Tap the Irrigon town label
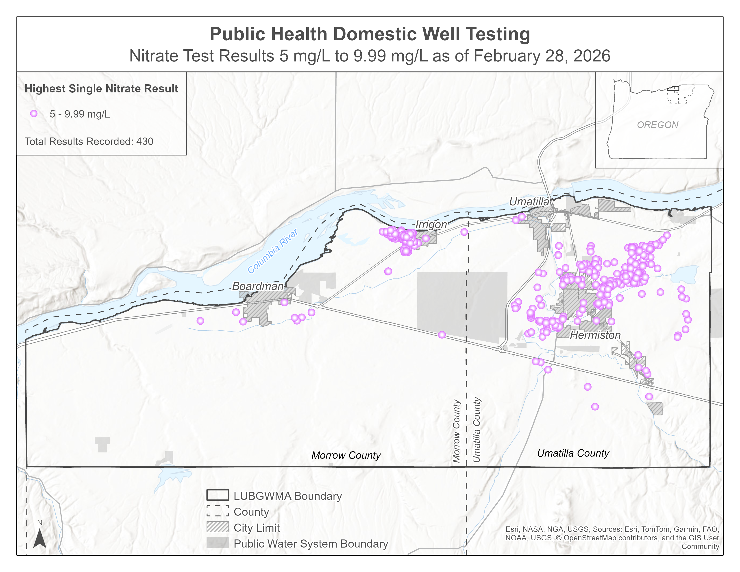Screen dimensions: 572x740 [431, 224]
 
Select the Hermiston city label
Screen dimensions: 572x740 [595, 335]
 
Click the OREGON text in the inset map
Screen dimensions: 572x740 [657, 125]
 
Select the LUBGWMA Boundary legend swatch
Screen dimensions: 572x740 [218, 495]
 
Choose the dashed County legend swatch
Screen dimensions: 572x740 [218, 511]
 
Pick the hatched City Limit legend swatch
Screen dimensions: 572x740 [218, 527]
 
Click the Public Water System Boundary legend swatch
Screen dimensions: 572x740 [218, 543]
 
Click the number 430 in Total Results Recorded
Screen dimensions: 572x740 [145, 141]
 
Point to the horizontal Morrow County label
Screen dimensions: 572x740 [346, 455]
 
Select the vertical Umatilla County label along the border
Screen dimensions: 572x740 [477, 430]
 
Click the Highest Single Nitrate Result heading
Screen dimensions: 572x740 [101, 89]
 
